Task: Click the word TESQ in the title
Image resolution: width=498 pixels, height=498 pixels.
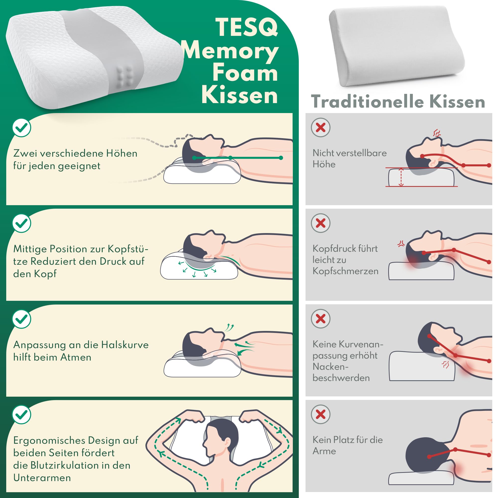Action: tap(247, 27)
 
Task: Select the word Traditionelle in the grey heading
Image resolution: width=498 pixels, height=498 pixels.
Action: tap(367, 101)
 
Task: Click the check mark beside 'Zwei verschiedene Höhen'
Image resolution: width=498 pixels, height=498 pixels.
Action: tap(22, 127)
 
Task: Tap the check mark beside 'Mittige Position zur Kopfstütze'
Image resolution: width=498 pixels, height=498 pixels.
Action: tap(22, 223)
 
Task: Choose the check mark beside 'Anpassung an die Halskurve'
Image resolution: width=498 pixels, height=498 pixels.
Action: tap(22, 319)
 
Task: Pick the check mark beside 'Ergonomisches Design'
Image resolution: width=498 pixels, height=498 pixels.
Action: tap(22, 415)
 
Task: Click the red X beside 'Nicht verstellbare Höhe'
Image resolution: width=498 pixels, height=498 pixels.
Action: tap(321, 127)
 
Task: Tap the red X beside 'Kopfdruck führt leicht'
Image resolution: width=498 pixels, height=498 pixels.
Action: tap(321, 223)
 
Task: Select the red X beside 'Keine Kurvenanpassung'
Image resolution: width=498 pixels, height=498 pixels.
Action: tap(321, 319)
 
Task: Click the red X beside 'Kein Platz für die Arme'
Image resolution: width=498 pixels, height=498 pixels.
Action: tap(321, 415)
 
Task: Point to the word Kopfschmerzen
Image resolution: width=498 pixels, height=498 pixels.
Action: tap(345, 271)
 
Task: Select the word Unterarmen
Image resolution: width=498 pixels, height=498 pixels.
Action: tap(42, 478)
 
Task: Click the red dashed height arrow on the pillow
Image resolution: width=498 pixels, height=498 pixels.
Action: tap(401, 177)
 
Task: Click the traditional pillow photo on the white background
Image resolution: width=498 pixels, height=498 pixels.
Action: tap(397, 46)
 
